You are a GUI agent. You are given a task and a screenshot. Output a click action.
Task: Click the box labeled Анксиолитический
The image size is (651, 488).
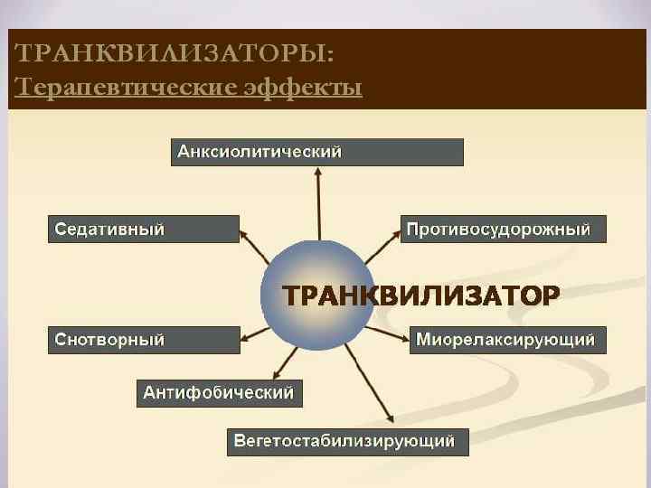pyautogui.click(x=317, y=152)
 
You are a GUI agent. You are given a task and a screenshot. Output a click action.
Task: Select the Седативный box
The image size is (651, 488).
pyautogui.click(x=143, y=229)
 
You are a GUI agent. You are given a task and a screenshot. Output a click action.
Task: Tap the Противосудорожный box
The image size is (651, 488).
pyautogui.click(x=504, y=229)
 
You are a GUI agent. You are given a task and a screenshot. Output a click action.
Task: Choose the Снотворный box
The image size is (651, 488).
pyautogui.click(x=143, y=340)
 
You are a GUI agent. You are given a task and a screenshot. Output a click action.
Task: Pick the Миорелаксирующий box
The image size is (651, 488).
pyautogui.click(x=507, y=340)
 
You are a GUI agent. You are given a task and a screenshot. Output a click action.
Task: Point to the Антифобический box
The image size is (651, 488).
pyautogui.click(x=220, y=393)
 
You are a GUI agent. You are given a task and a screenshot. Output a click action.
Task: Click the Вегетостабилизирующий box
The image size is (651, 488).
pyautogui.click(x=347, y=442)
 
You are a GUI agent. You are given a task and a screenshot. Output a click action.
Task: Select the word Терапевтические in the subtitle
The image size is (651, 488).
pyautogui.click(x=122, y=87)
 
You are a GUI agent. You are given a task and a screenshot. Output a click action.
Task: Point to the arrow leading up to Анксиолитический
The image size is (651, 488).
pyautogui.click(x=318, y=203)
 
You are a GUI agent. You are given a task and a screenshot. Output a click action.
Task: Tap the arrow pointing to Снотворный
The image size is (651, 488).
pyautogui.click(x=257, y=333)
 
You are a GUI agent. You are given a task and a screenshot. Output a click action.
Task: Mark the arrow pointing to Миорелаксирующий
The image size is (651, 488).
pyautogui.click(x=389, y=333)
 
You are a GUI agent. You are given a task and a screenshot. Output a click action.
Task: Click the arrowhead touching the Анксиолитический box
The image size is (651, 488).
pyautogui.click(x=317, y=172)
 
